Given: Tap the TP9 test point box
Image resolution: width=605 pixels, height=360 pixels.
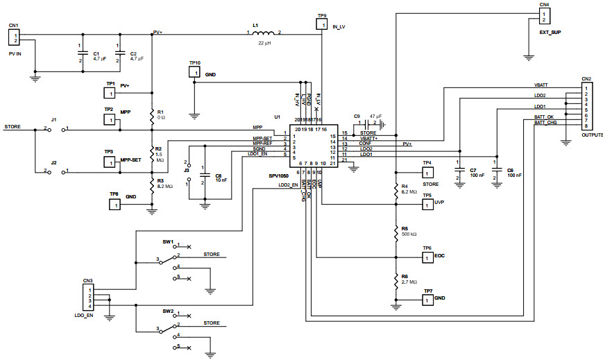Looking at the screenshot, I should [x=321, y=25].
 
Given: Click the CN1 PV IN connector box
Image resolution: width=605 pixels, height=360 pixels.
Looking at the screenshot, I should [x=15, y=37].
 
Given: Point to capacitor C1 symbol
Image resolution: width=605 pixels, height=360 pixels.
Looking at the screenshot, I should [x=82, y=53].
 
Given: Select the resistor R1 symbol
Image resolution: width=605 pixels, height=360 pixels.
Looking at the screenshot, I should [x=152, y=116].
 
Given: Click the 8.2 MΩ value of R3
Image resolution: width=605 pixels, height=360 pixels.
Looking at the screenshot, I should [x=165, y=187].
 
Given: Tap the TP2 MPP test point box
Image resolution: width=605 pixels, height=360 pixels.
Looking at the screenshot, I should [x=109, y=120].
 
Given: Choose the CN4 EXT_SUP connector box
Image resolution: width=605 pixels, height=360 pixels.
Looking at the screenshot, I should [x=545, y=15].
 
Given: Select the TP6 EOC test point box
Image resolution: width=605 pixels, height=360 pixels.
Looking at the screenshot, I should [x=428, y=257].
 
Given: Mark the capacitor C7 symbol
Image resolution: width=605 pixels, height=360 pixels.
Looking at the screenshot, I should [x=459, y=169].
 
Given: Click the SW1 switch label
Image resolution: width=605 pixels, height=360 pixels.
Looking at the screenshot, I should [x=168, y=241].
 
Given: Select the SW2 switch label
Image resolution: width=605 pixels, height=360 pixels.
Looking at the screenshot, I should [x=168, y=311].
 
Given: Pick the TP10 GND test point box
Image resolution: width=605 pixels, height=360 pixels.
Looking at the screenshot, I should [x=195, y=73].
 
